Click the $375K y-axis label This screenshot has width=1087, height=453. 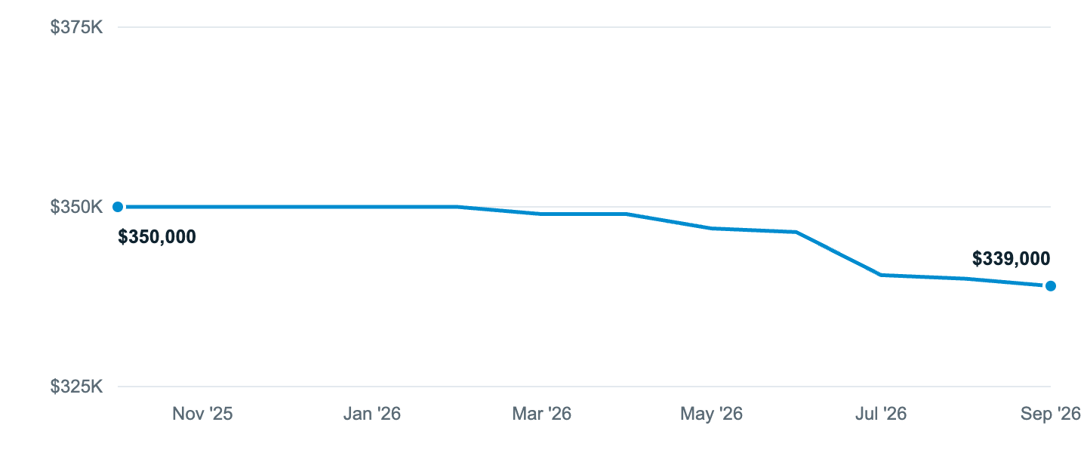point(76,27)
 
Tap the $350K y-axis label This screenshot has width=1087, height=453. point(76,207)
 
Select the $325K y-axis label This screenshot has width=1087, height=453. point(76,387)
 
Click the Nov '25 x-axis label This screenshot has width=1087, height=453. point(202,414)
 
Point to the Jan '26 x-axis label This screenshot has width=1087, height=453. point(371,414)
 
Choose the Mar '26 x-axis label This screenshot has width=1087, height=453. point(541,414)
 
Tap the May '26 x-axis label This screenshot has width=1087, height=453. point(711,414)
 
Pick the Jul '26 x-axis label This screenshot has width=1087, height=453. point(881,414)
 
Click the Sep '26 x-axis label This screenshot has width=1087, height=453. point(1051,414)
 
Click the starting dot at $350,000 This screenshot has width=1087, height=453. point(118,207)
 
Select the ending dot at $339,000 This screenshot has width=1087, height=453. point(1051,286)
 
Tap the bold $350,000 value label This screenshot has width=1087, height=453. point(157,237)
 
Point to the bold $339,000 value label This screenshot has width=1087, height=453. point(1012,258)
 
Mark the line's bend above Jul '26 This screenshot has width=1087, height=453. point(881,275)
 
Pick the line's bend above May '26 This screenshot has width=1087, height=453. point(711,228)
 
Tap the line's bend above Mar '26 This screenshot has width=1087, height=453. point(541,214)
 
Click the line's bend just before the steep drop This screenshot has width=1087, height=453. point(796,232)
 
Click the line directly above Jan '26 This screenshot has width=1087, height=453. point(371,207)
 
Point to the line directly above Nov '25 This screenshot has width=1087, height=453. point(202,207)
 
